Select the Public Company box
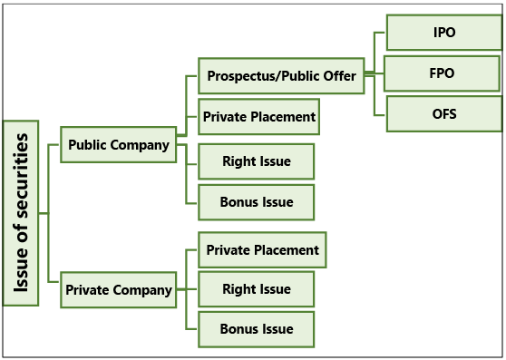point(118,144)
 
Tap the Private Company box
point(118,290)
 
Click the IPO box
point(444,33)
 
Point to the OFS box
point(444,114)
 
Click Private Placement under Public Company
point(258,117)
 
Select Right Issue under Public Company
point(257,161)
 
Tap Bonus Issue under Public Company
point(257,201)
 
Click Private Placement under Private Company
point(262,249)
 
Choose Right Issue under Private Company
point(257,289)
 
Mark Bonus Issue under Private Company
point(257,329)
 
